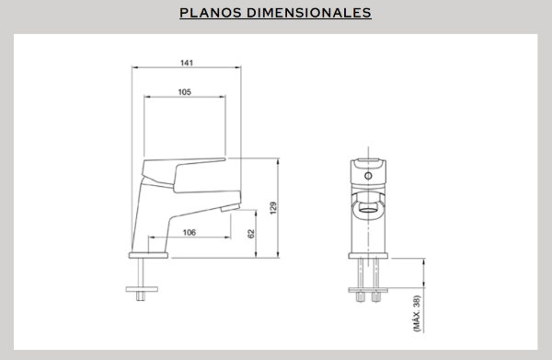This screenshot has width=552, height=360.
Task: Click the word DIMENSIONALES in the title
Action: click(x=309, y=13)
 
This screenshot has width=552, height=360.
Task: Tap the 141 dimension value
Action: click(x=187, y=63)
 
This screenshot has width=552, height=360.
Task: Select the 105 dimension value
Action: click(x=185, y=92)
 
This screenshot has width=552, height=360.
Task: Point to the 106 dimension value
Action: click(x=189, y=233)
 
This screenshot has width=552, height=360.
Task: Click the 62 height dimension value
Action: click(x=251, y=234)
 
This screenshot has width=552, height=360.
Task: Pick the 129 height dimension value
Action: click(x=273, y=208)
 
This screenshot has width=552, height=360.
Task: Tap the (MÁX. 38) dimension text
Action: click(x=417, y=313)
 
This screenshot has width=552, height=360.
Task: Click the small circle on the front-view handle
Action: click(x=368, y=176)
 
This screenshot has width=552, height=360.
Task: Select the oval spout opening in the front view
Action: click(x=368, y=211)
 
